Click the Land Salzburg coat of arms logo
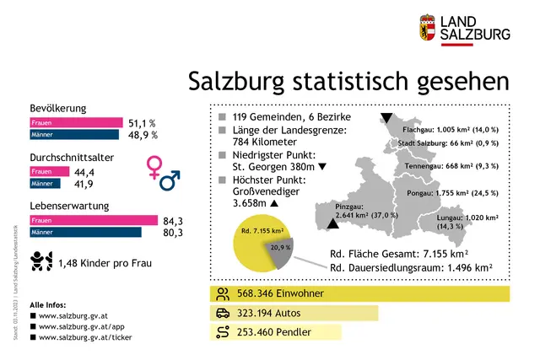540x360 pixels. pyautogui.click(x=428, y=27)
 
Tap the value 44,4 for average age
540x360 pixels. pyautogui.click(x=84, y=171)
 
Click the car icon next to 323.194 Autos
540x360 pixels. pyautogui.click(x=223, y=313)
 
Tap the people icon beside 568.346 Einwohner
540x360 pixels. pyautogui.click(x=223, y=293)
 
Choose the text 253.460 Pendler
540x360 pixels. pyautogui.click(x=274, y=332)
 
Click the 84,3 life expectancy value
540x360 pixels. pyautogui.click(x=174, y=221)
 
